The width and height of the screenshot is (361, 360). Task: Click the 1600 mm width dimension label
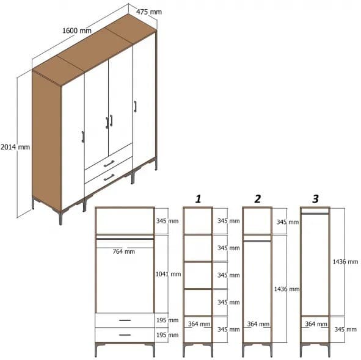coord(77,31)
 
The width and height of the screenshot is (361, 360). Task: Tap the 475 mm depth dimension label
coord(149,12)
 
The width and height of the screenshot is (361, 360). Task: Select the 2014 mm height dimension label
coord(15,146)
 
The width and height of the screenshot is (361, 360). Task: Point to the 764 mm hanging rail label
coord(124,251)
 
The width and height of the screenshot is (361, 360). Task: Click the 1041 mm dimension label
coord(168,274)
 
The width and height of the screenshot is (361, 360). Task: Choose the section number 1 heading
coord(198,198)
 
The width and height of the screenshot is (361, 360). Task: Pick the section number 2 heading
coord(257,198)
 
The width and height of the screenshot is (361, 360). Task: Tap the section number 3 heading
coord(315,198)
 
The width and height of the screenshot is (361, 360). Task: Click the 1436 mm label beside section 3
coord(345,261)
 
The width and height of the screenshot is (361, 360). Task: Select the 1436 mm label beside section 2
coord(286,289)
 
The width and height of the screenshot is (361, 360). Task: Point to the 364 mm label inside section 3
coord(315,324)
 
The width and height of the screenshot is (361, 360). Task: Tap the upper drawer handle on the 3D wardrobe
coord(109,163)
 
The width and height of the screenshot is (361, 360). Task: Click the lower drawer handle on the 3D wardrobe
coord(109,177)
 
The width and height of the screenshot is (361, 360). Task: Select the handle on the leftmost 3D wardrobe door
coord(82,136)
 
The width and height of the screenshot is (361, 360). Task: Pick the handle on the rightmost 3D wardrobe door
coord(135,106)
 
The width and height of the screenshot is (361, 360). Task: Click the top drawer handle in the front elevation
coord(125,320)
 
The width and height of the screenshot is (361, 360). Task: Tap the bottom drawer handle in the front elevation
coord(125,334)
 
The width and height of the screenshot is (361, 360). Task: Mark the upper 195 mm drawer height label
coord(168,320)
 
